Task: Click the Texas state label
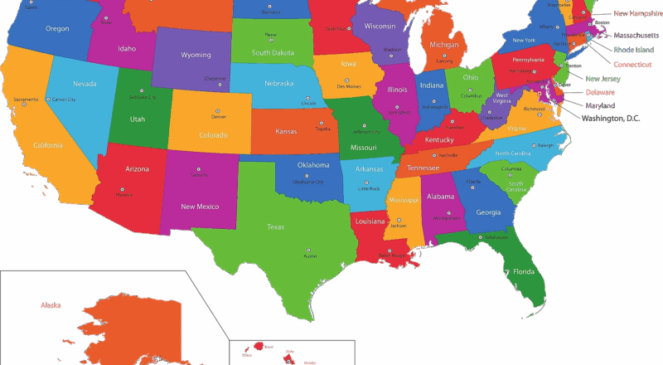click(276, 226)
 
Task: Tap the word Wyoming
click(196, 55)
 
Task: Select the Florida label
click(523, 271)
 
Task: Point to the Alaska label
click(51, 305)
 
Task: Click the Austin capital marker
click(310, 250)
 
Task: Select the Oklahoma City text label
click(308, 182)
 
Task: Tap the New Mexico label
click(200, 206)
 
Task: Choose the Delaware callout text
click(600, 91)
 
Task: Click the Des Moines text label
click(348, 86)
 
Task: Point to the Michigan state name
click(444, 44)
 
